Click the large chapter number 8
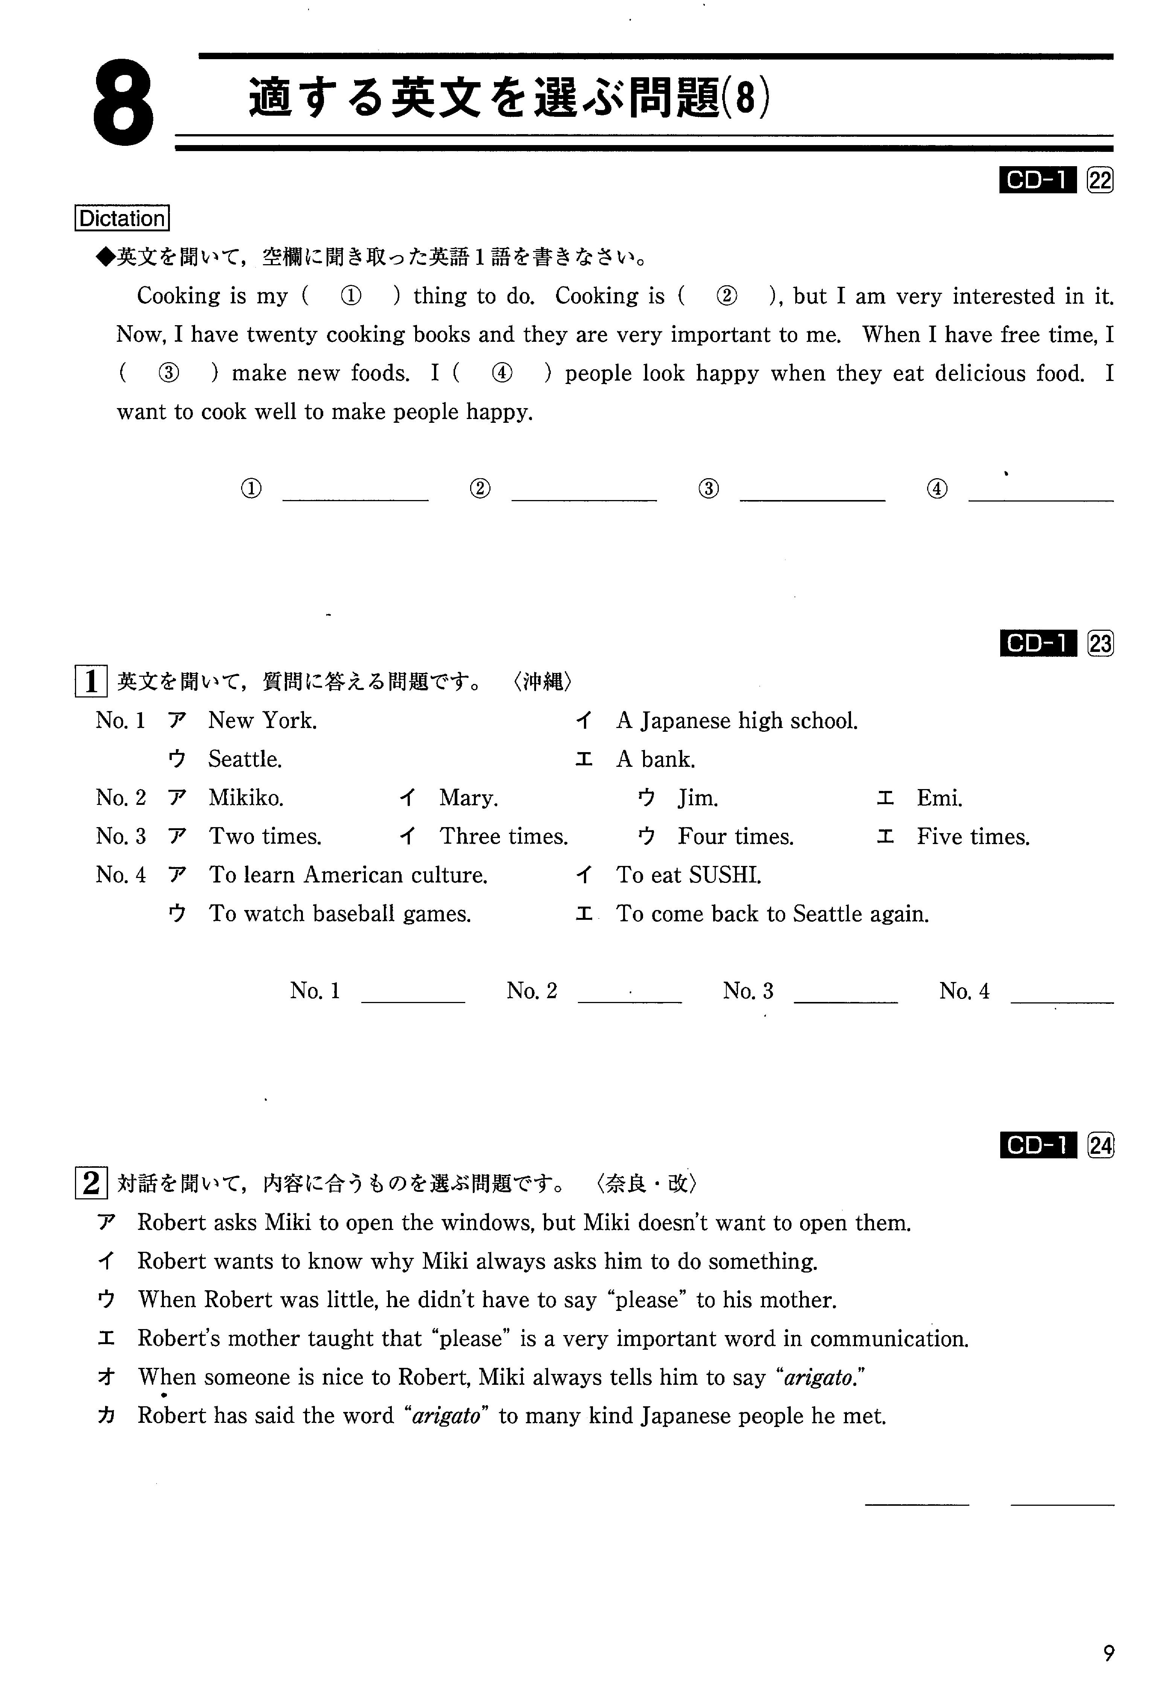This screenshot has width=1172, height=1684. coord(124,105)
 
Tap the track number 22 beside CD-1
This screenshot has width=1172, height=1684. coord(1100,180)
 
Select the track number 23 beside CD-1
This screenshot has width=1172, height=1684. coord(1100,644)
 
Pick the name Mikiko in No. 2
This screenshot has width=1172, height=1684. coord(246,798)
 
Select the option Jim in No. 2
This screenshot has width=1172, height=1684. coord(697,798)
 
